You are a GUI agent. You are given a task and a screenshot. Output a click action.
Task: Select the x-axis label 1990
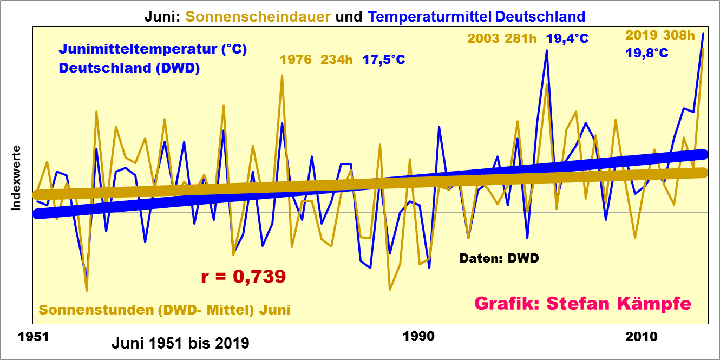coord(418,337)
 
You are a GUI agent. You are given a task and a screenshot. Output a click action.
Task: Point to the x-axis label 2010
coord(643,337)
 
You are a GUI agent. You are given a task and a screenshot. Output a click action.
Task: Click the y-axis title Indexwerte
coord(16,178)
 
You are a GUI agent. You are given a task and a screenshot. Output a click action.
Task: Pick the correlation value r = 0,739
coord(243,277)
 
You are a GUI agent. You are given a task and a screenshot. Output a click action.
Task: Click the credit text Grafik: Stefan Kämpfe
coord(582,303)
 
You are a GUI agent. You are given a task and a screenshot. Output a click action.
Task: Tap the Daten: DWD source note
coord(499,258)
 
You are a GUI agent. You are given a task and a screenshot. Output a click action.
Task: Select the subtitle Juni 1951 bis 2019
coord(180,343)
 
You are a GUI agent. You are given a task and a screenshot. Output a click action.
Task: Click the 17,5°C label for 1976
coord(384,60)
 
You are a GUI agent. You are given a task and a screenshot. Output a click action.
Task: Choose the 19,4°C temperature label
coord(567,38)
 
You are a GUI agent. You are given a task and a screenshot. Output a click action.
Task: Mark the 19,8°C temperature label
coord(646,53)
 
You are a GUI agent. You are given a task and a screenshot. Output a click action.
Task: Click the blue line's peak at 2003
coord(547,51)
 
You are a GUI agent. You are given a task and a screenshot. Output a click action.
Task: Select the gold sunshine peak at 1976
coord(282,76)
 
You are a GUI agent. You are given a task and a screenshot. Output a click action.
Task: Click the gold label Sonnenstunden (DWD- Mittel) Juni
coord(165,310)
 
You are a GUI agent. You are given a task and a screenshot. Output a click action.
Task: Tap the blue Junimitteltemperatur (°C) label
coord(153,49)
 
